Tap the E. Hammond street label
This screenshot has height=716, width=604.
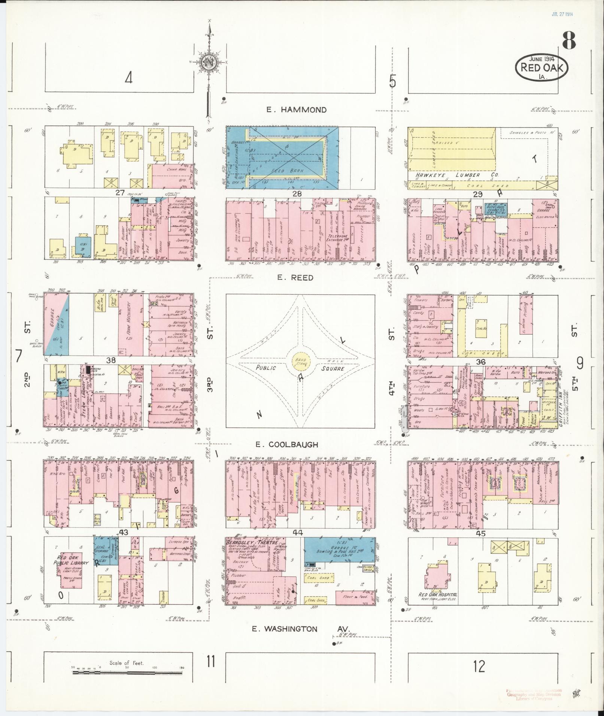click(x=296, y=110)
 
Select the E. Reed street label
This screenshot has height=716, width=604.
click(x=300, y=278)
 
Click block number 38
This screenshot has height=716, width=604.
click(x=111, y=360)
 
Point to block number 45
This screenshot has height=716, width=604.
click(x=480, y=534)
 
